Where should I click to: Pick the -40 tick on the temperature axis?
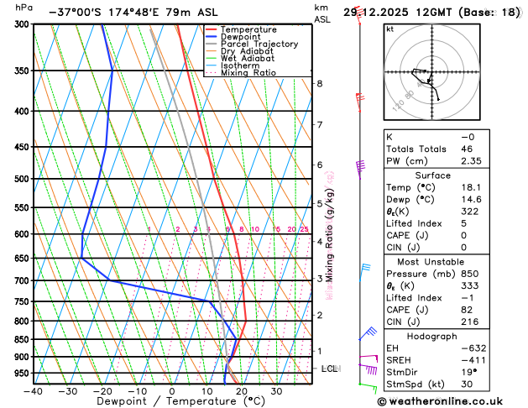33,390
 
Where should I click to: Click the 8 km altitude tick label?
319,84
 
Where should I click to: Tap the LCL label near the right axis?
331,369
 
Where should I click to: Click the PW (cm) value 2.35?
472,161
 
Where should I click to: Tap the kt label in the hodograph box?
390,29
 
